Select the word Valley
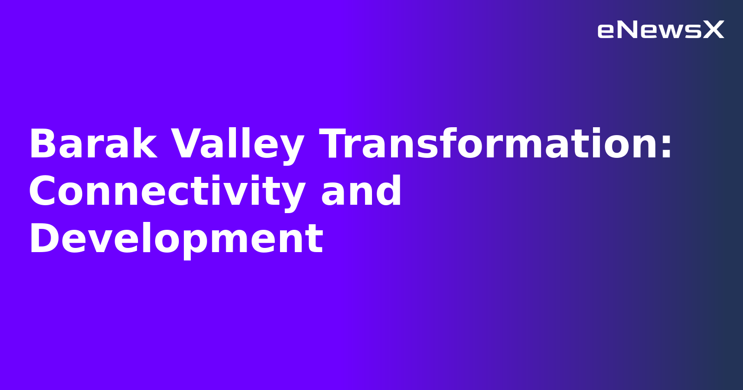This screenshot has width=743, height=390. (237, 145)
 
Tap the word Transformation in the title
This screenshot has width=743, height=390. (490, 145)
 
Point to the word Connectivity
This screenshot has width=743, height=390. (166, 192)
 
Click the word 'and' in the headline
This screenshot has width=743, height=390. (361, 192)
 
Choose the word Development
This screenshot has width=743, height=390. (176, 240)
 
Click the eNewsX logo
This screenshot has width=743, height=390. (660, 30)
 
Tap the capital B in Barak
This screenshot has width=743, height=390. (40, 145)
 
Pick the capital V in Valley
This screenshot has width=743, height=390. (186, 145)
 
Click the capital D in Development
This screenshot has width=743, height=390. (42, 240)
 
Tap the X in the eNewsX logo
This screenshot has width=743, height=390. (714, 30)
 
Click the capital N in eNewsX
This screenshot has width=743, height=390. (628, 30)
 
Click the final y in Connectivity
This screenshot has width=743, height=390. (294, 195)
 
